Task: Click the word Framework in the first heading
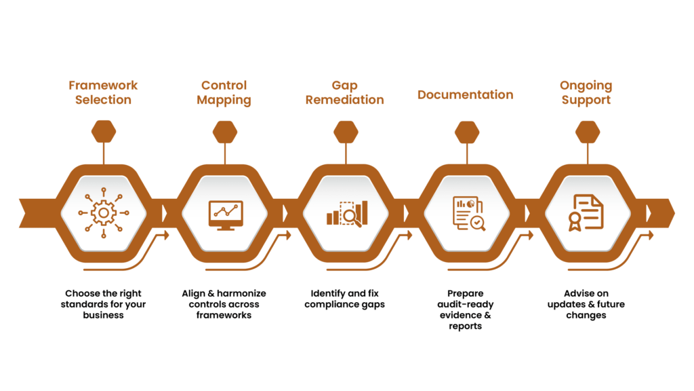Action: click(103, 86)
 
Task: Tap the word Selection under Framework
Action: click(103, 100)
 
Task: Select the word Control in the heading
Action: click(224, 86)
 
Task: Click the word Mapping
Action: click(224, 100)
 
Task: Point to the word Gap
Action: click(344, 86)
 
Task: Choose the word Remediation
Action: click(344, 100)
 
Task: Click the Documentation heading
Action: click(465, 94)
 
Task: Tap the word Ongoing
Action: click(586, 86)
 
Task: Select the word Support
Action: click(586, 100)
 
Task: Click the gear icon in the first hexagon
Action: click(103, 213)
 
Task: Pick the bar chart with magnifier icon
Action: click(346, 212)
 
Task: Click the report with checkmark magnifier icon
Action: click(467, 213)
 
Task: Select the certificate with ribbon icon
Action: click(587, 213)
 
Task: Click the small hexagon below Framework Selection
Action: click(104, 131)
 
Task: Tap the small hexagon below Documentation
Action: click(467, 132)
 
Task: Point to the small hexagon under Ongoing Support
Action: click(588, 132)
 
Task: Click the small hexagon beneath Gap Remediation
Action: click(346, 132)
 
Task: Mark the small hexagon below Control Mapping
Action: click(225, 132)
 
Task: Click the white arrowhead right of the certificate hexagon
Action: click(649, 213)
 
